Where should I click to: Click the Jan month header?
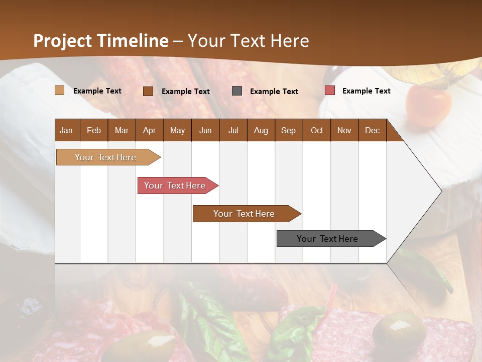pyautogui.click(x=66, y=130)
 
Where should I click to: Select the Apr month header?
pyautogui.click(x=149, y=130)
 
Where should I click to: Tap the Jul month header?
pyautogui.click(x=233, y=130)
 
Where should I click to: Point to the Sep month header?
pyautogui.click(x=288, y=130)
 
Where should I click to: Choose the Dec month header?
pyautogui.click(x=372, y=130)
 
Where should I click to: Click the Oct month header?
pyautogui.click(x=317, y=130)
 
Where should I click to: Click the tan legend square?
pyautogui.click(x=59, y=90)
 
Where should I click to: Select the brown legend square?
pyautogui.click(x=148, y=91)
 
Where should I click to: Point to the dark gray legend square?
pyautogui.click(x=237, y=91)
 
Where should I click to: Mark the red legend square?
pyautogui.click(x=329, y=90)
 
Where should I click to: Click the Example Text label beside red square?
pyautogui.click(x=366, y=91)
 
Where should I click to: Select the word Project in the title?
pyautogui.click(x=63, y=41)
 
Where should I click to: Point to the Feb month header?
pyautogui.click(x=94, y=130)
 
